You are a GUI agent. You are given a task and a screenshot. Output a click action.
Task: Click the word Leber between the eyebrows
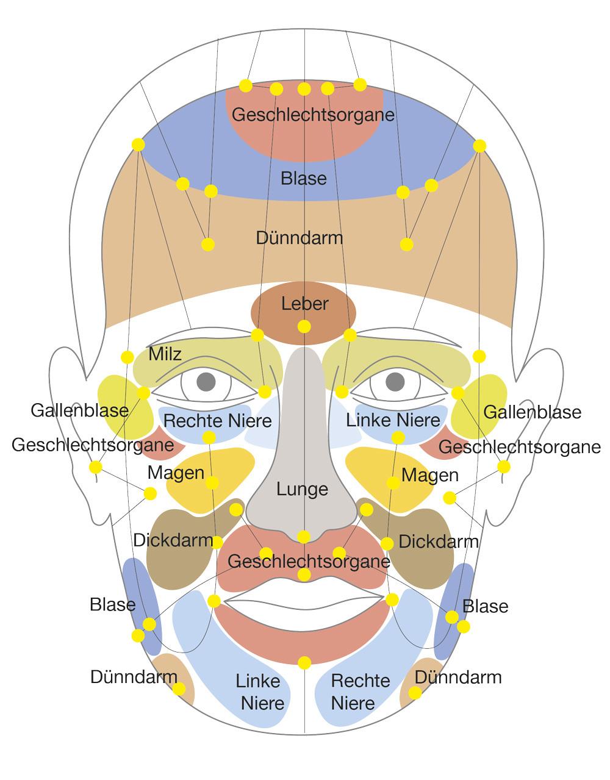pos(304,303)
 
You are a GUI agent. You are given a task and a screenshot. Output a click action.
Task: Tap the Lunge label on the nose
pos(302,489)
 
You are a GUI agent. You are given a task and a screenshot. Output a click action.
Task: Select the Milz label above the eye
pos(165,354)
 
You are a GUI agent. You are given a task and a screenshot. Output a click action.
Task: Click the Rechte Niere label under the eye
pos(217,420)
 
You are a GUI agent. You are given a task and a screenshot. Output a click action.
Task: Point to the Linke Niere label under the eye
pos(393,420)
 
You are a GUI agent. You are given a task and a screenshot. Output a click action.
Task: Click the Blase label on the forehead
pos(304,178)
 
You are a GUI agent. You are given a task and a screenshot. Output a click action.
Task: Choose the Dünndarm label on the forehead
pos(299,237)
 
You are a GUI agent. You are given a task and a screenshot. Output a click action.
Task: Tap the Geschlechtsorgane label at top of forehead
pos(313,115)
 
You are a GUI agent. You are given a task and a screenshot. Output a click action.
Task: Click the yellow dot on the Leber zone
pos(304,327)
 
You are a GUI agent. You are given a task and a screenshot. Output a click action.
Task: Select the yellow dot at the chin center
pos(304,663)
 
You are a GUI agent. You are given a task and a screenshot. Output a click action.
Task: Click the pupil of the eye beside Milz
pos(206,382)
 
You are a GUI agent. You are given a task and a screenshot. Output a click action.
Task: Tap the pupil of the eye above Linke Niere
pos(395,382)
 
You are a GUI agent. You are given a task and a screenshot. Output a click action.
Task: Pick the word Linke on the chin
pos(258,681)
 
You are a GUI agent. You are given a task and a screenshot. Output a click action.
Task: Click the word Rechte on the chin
pos(360,681)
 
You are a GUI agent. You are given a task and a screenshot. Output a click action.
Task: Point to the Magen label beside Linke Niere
pos(430,474)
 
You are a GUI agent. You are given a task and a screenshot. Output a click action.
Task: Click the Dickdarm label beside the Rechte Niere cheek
pos(173,540)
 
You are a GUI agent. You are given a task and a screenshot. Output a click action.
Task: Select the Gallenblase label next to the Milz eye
pos(79,410)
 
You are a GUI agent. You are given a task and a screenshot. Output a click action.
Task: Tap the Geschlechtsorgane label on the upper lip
pos(308,561)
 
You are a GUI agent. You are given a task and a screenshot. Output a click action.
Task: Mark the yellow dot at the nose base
pos(304,537)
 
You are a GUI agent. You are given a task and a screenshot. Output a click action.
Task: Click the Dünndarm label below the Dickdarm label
pos(134,676)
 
